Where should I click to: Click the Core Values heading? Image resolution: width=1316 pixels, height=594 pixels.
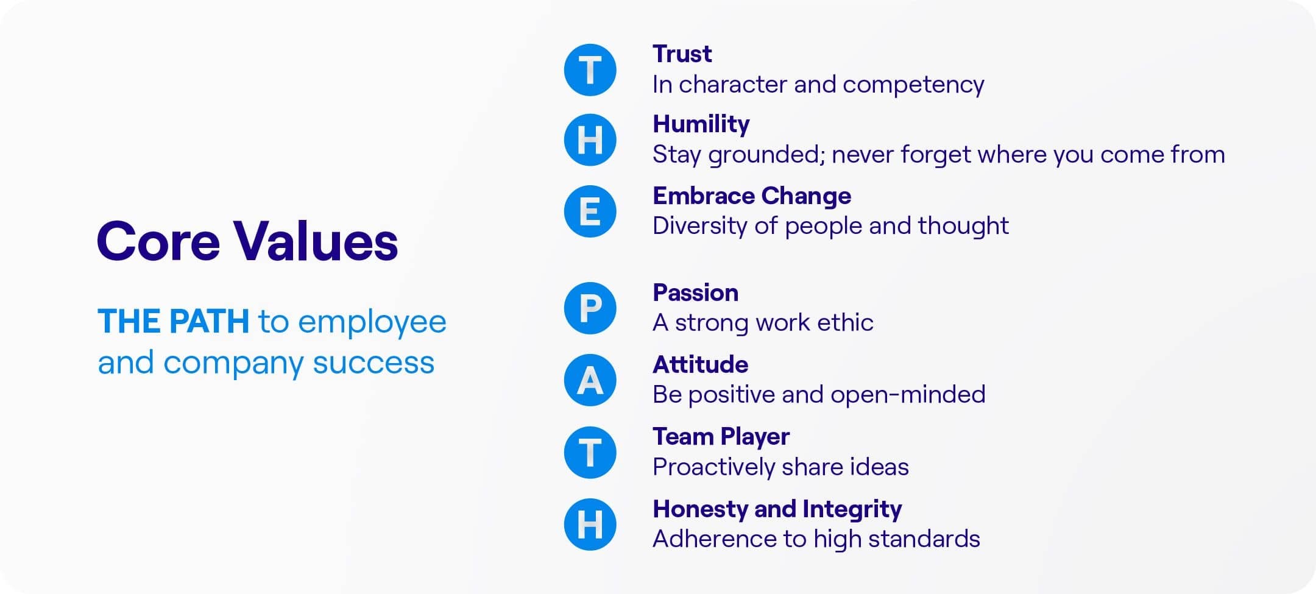point(247,241)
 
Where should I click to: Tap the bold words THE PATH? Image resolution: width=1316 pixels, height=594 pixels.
point(173,321)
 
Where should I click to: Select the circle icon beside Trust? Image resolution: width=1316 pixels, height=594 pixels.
point(590,70)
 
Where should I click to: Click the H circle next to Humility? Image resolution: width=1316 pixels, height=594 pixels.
point(590,140)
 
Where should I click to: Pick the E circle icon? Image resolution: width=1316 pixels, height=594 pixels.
point(590,211)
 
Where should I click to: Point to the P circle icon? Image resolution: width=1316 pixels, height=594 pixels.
point(590,308)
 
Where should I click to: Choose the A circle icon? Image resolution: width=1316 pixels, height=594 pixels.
point(590,380)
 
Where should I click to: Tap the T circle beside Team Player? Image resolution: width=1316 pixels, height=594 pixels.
point(590,453)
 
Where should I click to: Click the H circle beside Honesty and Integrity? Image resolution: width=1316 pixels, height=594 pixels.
point(590,525)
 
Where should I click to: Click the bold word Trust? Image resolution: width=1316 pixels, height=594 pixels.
point(682,54)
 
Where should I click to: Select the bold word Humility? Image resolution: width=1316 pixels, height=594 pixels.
point(701,125)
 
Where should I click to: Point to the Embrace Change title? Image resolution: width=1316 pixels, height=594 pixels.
point(752,196)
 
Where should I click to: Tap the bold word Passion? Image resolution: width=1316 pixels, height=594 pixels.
point(695,293)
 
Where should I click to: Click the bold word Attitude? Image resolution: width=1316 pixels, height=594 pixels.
point(701,364)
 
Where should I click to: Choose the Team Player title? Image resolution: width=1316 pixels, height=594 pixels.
point(721,437)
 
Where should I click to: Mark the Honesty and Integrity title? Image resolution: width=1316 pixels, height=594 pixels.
point(777,509)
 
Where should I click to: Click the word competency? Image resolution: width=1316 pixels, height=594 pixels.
point(913,85)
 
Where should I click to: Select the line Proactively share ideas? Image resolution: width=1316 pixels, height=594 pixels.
point(780,467)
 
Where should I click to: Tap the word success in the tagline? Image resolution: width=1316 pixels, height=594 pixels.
point(373,363)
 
